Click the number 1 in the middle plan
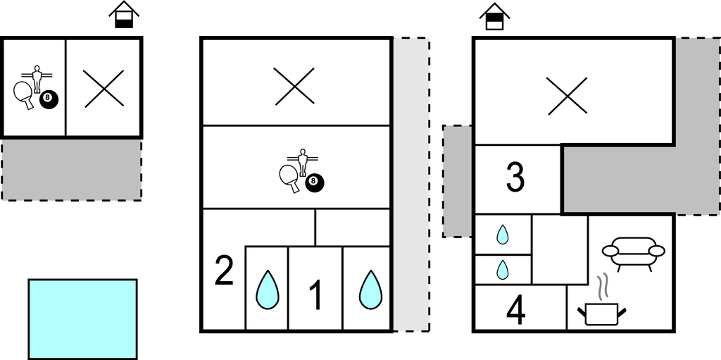coord(316,296)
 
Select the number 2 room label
coord(225,271)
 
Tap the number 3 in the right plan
coord(515,178)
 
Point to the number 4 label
coord(516,311)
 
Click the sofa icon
coord(634,253)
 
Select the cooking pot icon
coord(601,314)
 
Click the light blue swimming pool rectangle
coord(83,319)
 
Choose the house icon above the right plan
coord(494,16)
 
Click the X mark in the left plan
coord(104,89)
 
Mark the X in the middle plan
coord(295,86)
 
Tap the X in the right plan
coord(568,95)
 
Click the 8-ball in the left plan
coord(49,99)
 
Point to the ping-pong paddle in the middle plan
coord(289,178)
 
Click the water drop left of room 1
coord(267,290)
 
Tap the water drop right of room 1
coord(370,290)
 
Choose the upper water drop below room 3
coord(502,235)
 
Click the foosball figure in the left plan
coord(37,79)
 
